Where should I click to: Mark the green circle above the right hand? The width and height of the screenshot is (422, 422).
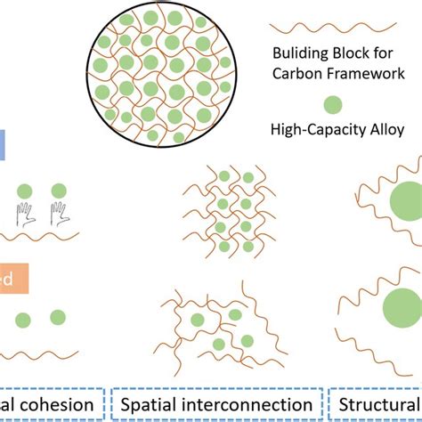coord(59,190)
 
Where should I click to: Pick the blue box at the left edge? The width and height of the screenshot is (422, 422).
coord(4,145)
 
